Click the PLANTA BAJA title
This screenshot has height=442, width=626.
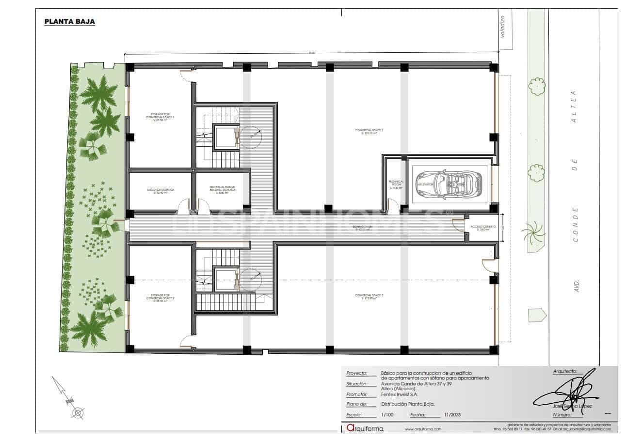pos(69,22)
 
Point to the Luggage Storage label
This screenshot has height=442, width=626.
pos(160,191)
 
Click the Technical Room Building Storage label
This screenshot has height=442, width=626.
pos(223,189)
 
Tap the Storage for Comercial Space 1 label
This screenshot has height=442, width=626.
pos(160,117)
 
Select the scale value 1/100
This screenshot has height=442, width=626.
pos(387,415)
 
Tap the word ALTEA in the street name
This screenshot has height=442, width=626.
pos(574,107)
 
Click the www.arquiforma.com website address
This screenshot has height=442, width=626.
pos(423,429)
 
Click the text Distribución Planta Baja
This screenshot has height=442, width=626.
pos(407,404)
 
